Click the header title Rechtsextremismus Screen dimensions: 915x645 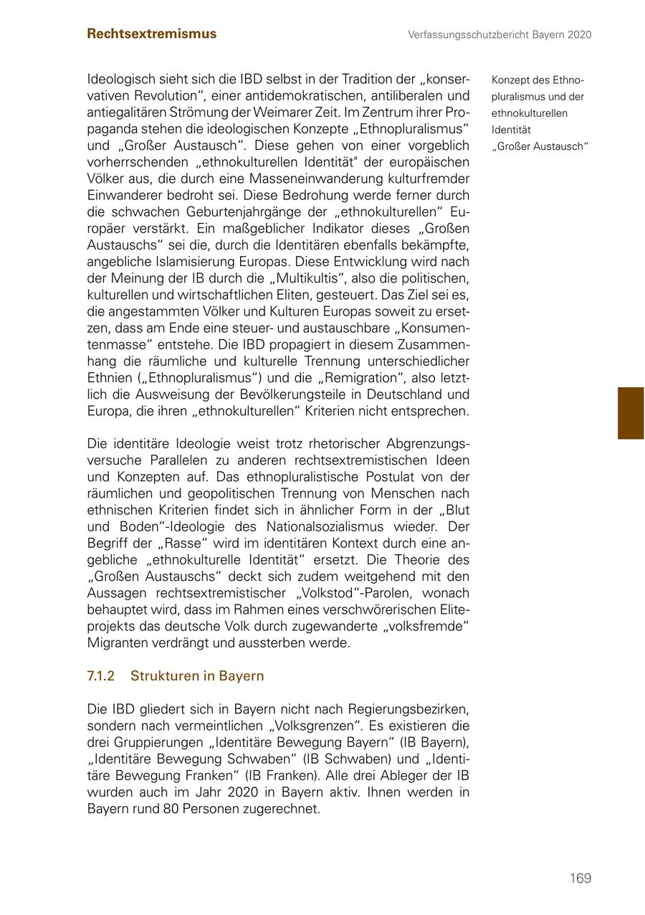(151, 34)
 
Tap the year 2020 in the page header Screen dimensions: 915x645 (578, 34)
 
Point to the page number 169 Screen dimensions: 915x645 (580, 878)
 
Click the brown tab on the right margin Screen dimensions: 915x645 (631, 413)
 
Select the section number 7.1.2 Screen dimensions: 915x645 (101, 676)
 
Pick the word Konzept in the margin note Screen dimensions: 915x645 (510, 80)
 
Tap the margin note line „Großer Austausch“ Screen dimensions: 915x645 (540, 147)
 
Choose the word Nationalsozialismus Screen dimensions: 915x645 (271, 527)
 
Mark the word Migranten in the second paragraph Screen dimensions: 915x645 (120, 643)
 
